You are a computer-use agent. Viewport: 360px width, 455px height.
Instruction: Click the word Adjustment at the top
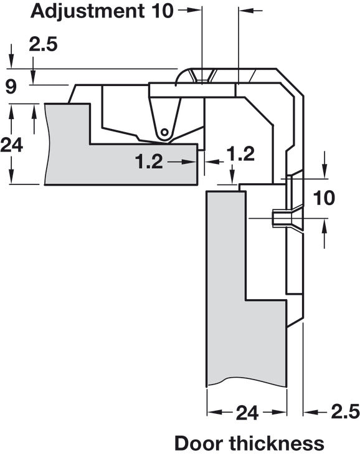point(87,11)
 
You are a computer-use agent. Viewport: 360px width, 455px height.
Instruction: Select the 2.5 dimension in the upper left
point(43,45)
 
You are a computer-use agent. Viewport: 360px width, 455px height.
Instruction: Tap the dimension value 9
point(11,87)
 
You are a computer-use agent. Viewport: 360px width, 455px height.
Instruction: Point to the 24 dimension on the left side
point(12,145)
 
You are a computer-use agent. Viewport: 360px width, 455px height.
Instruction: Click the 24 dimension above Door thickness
point(247,413)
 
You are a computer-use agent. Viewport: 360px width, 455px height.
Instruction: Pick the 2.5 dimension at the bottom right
point(345,412)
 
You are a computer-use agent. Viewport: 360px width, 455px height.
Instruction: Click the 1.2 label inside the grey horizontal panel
point(149,161)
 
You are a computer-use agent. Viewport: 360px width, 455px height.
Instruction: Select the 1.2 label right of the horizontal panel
point(240,154)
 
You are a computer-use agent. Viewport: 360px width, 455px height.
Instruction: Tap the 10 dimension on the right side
point(324,198)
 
